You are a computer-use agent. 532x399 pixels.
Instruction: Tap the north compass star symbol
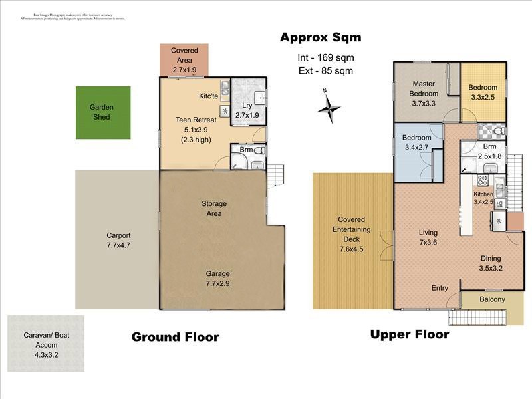[x=329, y=107]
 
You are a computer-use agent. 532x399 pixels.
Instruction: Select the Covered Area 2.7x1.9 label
[x=184, y=59]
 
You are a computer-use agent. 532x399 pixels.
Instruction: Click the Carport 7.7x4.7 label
[x=118, y=239]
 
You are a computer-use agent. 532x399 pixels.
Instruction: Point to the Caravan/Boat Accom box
[x=47, y=344]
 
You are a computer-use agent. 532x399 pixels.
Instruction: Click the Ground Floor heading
[x=175, y=337]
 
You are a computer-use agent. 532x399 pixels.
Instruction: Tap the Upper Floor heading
[x=409, y=334]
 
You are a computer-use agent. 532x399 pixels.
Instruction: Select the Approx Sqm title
[x=320, y=37]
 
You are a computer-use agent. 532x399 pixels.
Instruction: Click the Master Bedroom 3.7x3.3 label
[x=424, y=94]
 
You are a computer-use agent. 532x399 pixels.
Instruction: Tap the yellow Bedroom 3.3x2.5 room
[x=483, y=92]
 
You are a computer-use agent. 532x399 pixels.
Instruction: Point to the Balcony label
[x=492, y=299]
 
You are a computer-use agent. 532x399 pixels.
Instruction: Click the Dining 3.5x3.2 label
[x=491, y=264]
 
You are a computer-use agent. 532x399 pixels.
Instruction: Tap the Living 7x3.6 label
[x=428, y=238]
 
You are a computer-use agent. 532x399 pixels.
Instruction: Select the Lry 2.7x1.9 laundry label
[x=247, y=110]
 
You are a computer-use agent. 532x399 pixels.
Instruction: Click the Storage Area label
[x=214, y=209]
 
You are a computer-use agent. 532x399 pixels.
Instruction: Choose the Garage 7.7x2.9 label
[x=217, y=279]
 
